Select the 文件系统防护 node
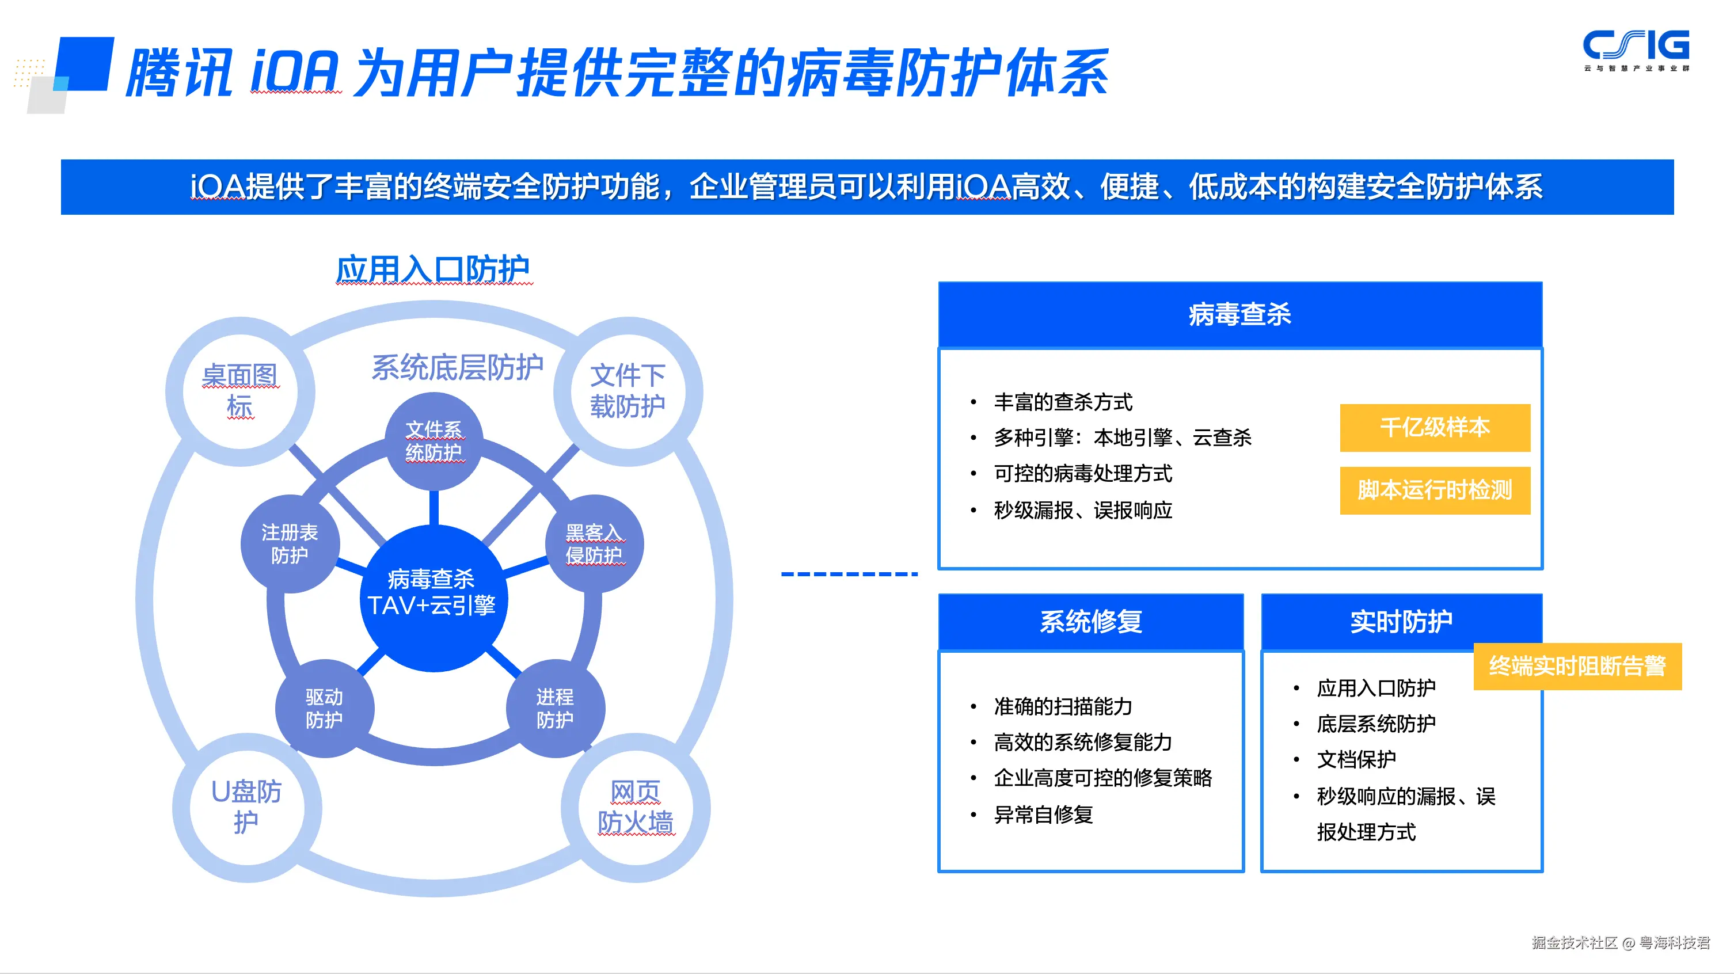[434, 441]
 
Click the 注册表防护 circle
[290, 544]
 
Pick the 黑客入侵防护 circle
[594, 544]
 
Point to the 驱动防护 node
[325, 708]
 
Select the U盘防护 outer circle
[246, 806]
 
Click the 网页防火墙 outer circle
[636, 806]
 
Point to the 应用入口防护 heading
[433, 270]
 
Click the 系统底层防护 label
[457, 367]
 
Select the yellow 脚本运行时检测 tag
[1435, 490]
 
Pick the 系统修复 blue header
[1090, 621]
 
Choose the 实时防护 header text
[1401, 621]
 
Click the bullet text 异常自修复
[1043, 815]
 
